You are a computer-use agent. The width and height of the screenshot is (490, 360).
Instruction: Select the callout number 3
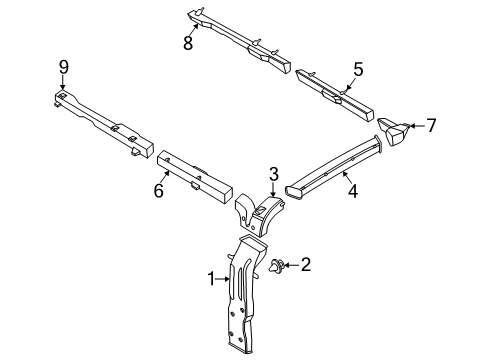click(272, 175)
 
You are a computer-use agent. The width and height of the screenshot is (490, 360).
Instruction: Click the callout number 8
click(187, 43)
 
